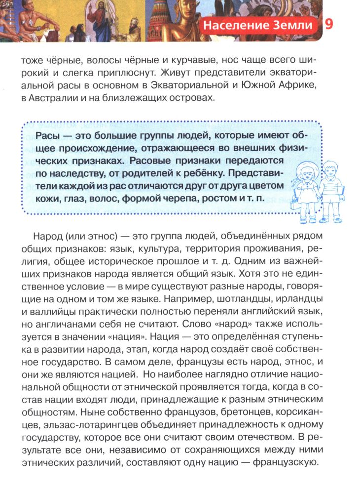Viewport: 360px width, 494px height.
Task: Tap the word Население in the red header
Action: (232, 26)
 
